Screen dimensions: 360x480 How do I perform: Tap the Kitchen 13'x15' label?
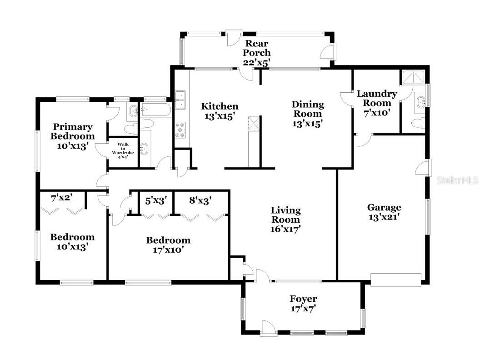click(220, 111)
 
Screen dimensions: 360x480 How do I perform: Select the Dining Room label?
click(308, 114)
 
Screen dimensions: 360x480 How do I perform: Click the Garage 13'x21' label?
click(384, 212)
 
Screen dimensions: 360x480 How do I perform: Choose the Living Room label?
click(285, 220)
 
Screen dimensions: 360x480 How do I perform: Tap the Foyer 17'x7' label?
click(303, 304)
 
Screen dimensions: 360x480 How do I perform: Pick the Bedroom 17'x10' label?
click(168, 245)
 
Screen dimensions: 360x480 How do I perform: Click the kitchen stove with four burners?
click(181, 130)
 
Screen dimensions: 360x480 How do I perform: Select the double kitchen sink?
click(181, 100)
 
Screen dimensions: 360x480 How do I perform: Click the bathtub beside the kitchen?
click(155, 109)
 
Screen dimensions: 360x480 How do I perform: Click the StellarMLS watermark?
click(457, 180)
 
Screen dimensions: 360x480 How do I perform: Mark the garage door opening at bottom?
click(396, 278)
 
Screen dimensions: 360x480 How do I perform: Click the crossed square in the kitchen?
click(253, 123)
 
